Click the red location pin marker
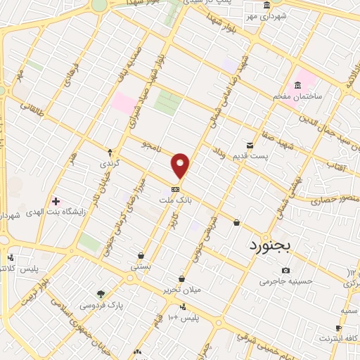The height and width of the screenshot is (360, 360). point(181,165)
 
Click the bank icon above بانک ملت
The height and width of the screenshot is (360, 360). point(175,188)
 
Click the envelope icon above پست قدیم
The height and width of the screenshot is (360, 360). point(249,145)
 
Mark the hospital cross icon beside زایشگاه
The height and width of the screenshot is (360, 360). point(56,200)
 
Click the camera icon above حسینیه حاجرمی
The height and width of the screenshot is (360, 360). point(285,270)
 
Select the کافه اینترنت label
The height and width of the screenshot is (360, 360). point(337,338)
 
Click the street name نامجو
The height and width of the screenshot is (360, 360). point(151,146)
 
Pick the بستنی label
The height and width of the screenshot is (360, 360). point(141,267)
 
